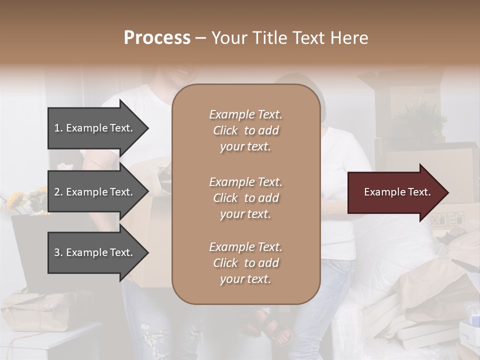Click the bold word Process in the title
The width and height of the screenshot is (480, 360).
click(x=157, y=38)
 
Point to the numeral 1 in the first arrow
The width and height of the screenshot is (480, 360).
click(x=56, y=128)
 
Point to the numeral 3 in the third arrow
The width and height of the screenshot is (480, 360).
click(x=56, y=252)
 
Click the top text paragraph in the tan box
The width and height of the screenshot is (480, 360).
click(x=245, y=130)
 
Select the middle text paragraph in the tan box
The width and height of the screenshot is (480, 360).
click(x=245, y=198)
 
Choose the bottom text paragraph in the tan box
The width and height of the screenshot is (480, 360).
click(x=245, y=263)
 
